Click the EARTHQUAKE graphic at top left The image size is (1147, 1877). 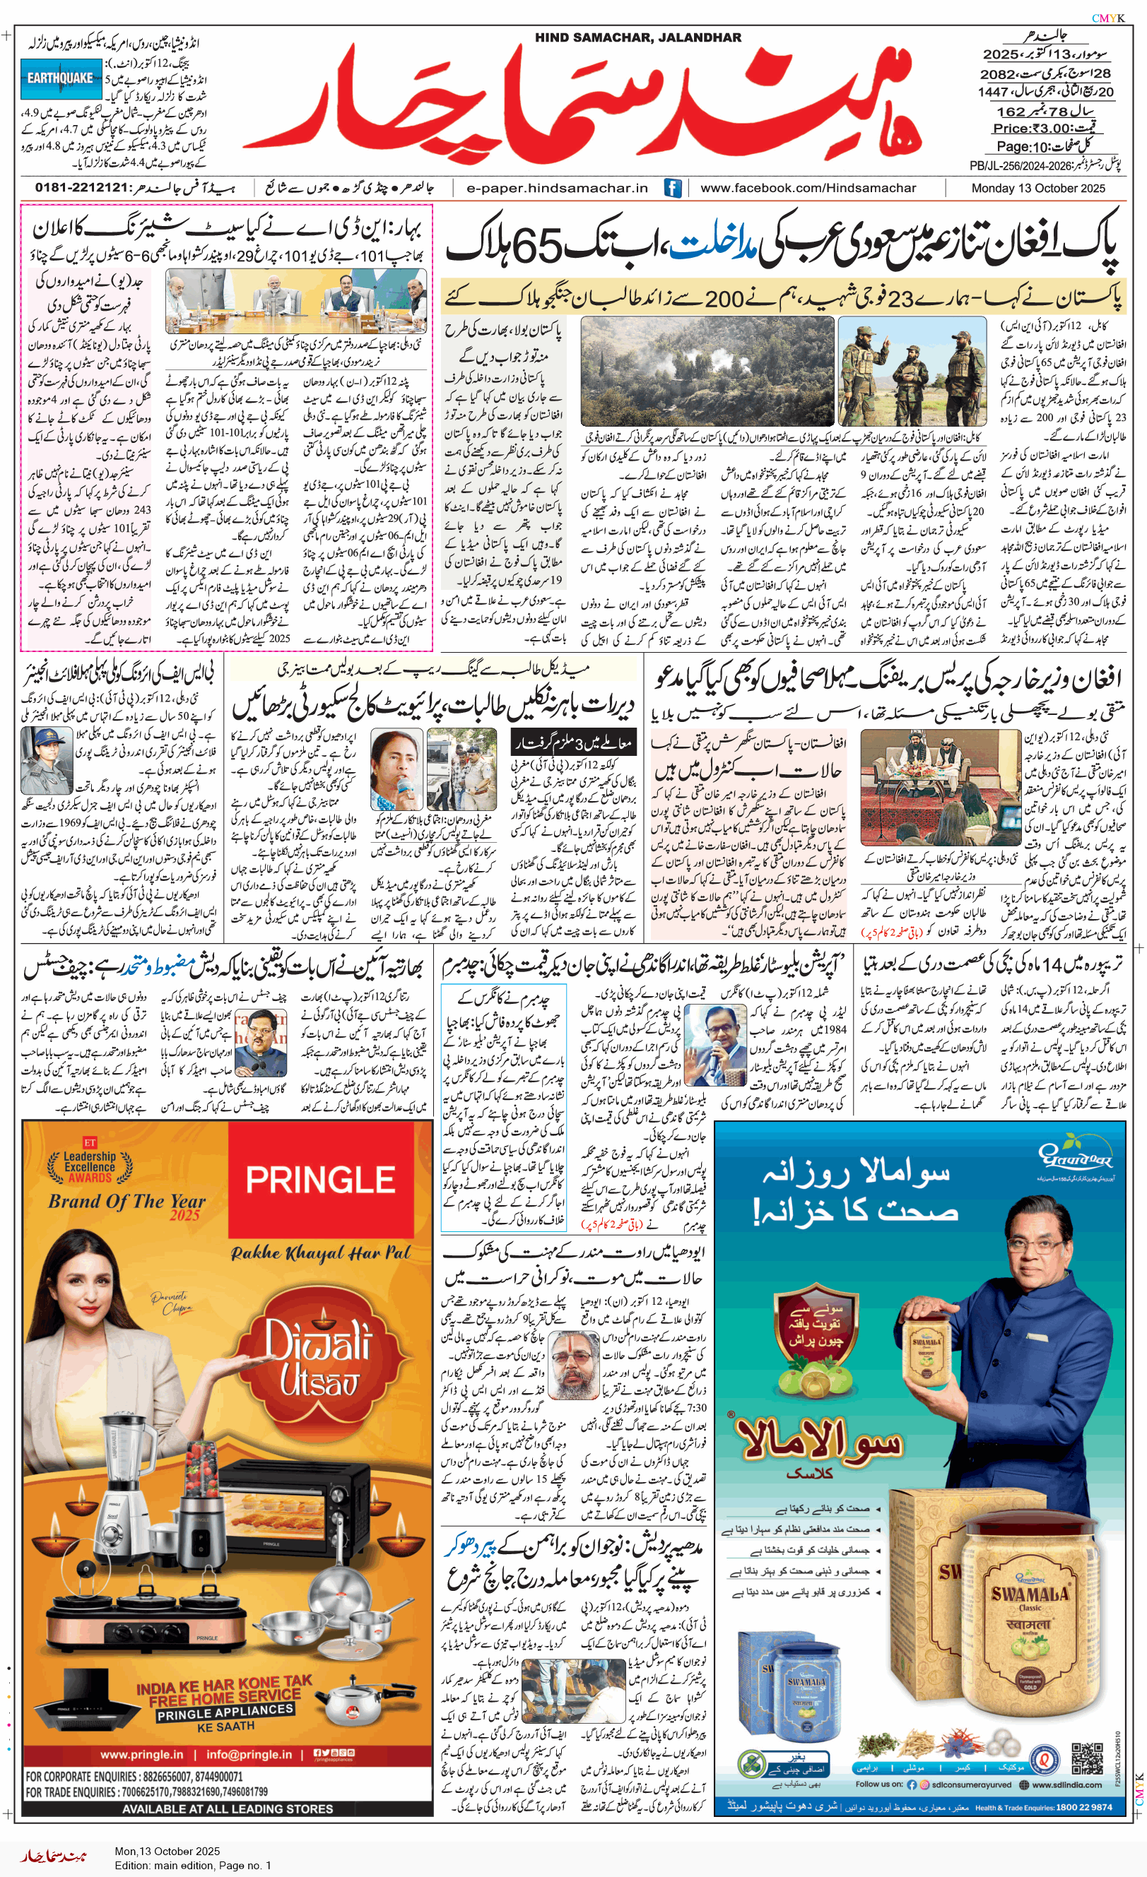[x=60, y=79]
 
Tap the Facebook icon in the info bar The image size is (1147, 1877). [x=672, y=188]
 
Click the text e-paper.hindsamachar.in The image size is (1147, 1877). [x=556, y=188]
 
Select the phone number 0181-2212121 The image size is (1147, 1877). [x=81, y=188]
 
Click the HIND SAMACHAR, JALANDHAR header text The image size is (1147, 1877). [x=637, y=37]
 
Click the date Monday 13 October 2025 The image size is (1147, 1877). [x=1037, y=188]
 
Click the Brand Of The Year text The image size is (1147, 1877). [x=127, y=1202]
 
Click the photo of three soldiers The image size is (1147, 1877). [x=912, y=371]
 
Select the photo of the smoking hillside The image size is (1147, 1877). [x=707, y=371]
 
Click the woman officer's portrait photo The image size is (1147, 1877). [x=47, y=761]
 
